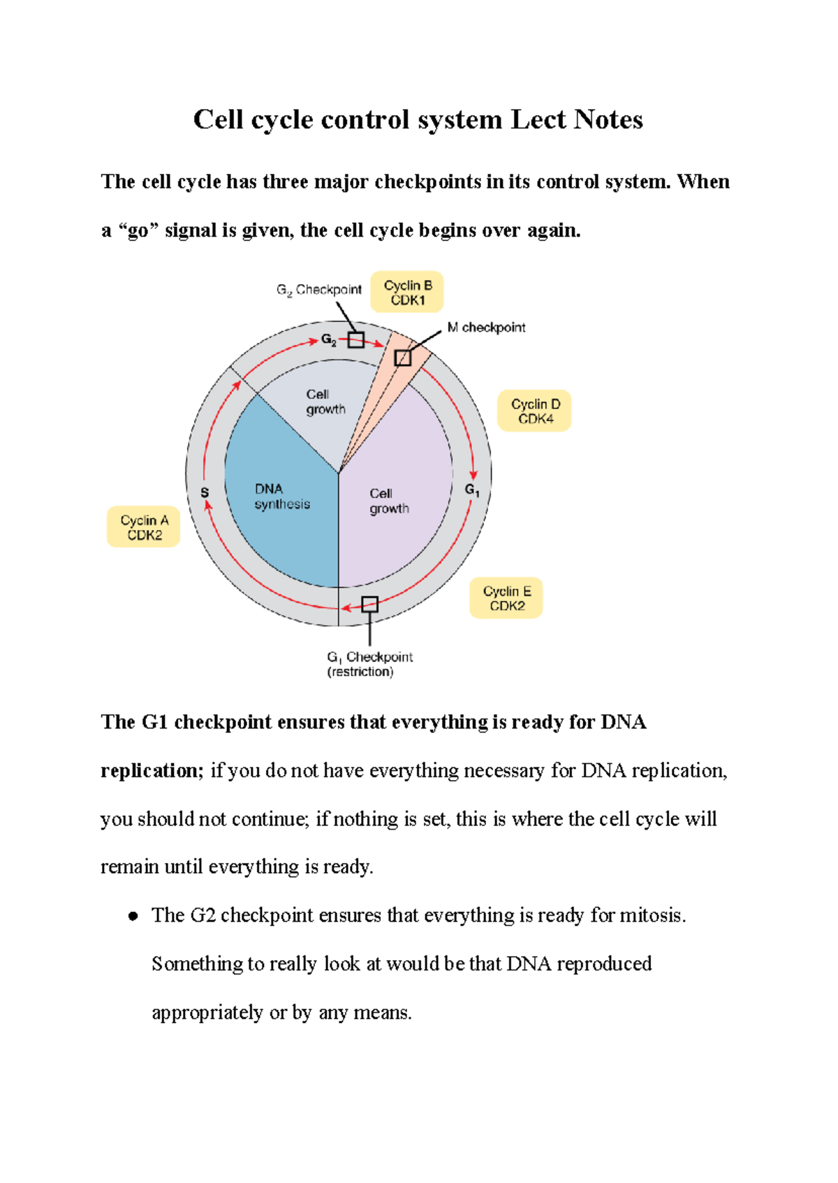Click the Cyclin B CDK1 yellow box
tap(407, 292)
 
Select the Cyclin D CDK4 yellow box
tap(534, 411)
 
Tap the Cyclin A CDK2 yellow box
tap(144, 527)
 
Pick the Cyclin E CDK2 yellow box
tap(506, 598)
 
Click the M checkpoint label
tap(486, 328)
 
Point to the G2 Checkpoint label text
tap(319, 290)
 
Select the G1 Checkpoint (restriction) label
tap(369, 664)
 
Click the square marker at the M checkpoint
tap(403, 358)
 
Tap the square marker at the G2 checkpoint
tap(356, 340)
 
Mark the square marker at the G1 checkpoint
tap(369, 604)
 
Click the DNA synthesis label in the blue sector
tap(281, 497)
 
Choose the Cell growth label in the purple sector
tap(389, 501)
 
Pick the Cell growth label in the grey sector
tap(325, 402)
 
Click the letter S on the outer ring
tap(205, 493)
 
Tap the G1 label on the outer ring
tap(472, 490)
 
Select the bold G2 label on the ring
tap(328, 340)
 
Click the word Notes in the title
tap(608, 119)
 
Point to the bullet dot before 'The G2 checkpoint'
tap(133, 916)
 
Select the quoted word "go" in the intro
tap(138, 230)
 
